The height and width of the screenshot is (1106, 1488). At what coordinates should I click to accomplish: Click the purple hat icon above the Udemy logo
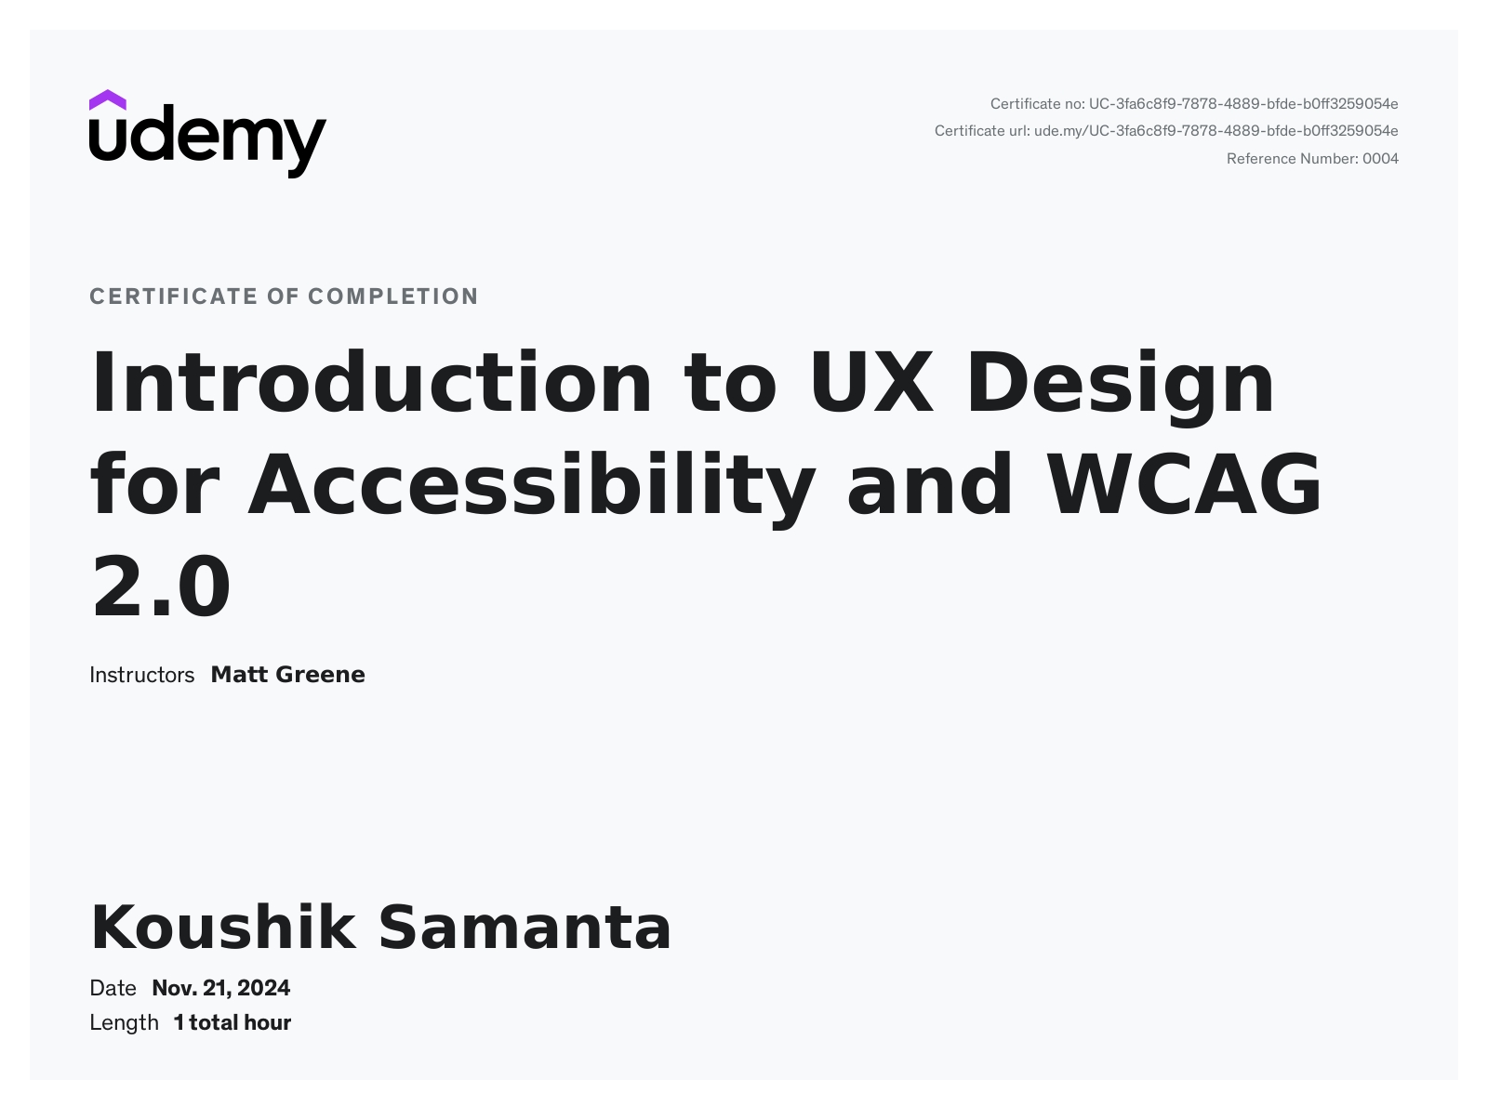[107, 100]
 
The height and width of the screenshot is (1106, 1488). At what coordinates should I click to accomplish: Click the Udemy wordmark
[208, 141]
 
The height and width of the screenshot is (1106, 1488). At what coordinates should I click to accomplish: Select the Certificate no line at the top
[1194, 104]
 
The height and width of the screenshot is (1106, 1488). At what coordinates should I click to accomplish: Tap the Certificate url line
[1166, 131]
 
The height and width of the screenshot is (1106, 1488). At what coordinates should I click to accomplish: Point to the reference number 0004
[1381, 159]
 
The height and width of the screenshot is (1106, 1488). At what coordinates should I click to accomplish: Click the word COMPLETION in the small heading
[393, 296]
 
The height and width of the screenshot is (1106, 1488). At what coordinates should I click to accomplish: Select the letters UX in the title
[871, 382]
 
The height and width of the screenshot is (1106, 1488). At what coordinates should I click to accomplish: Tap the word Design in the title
[1120, 388]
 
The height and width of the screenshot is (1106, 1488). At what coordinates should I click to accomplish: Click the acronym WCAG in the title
[1184, 484]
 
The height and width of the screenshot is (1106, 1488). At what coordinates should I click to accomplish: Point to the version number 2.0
[161, 586]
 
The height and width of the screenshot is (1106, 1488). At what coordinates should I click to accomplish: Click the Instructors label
[142, 675]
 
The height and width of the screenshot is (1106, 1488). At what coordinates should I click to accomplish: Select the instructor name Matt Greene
[288, 675]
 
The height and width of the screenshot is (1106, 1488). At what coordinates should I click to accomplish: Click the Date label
[113, 988]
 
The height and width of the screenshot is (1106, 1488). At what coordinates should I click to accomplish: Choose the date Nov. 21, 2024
[221, 988]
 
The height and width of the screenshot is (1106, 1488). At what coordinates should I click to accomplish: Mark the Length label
[124, 1023]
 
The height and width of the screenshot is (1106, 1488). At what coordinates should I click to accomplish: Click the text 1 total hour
[232, 1023]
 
